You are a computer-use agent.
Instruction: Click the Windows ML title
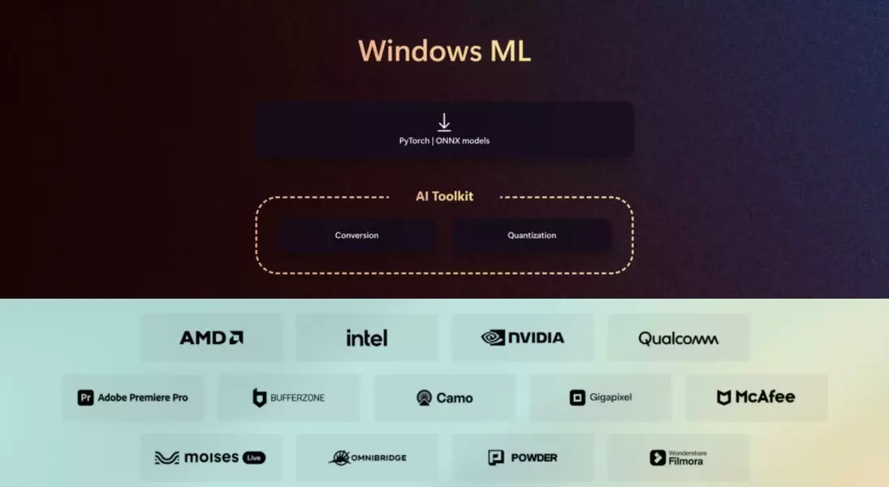(444, 51)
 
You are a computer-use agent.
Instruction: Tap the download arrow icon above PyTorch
(444, 123)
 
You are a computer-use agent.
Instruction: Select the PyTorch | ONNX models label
(444, 141)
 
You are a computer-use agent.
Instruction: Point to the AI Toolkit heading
(444, 196)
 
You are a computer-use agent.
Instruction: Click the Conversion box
(357, 235)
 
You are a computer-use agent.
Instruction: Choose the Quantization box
(532, 235)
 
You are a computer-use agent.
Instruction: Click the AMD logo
(211, 338)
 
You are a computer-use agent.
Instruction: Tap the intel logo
(366, 338)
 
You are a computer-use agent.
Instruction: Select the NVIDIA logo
(523, 338)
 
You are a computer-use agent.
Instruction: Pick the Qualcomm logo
(678, 338)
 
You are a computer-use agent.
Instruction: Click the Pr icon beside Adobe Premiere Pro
(85, 398)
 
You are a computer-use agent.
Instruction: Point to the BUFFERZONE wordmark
(297, 398)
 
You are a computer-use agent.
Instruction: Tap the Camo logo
(444, 398)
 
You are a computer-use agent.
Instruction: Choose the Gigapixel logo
(601, 398)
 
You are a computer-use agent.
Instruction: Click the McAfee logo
(756, 397)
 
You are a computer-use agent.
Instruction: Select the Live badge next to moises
(254, 458)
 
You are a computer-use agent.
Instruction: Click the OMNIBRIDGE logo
(367, 458)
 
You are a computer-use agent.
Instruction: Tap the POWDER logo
(523, 458)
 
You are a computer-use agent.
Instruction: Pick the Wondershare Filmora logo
(677, 458)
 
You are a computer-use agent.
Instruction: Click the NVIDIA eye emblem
(493, 338)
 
